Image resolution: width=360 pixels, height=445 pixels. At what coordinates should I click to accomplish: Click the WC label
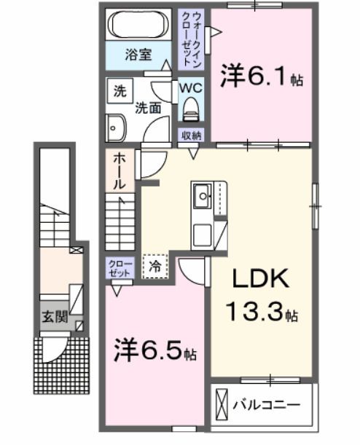click(x=191, y=87)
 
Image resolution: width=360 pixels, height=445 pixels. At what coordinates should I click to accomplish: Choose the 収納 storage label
click(x=192, y=135)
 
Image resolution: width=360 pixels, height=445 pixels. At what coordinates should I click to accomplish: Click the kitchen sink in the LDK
click(x=202, y=194)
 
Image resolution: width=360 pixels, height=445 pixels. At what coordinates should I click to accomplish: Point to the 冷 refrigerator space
click(x=154, y=267)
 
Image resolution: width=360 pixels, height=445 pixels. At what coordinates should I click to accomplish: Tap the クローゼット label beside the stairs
click(x=120, y=267)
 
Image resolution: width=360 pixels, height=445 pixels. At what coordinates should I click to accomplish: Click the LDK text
click(x=260, y=280)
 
